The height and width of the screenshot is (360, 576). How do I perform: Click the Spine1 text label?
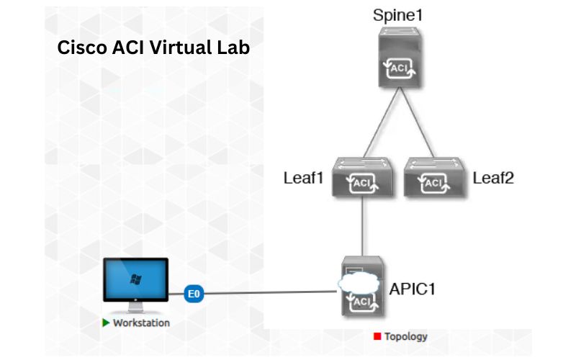tap(398, 15)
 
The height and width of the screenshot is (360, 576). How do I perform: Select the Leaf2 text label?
tap(493, 178)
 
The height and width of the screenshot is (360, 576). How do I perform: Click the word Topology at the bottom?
tap(405, 336)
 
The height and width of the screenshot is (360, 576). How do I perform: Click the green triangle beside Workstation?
tap(106, 323)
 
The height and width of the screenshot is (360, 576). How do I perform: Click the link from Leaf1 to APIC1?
tap(361, 227)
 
